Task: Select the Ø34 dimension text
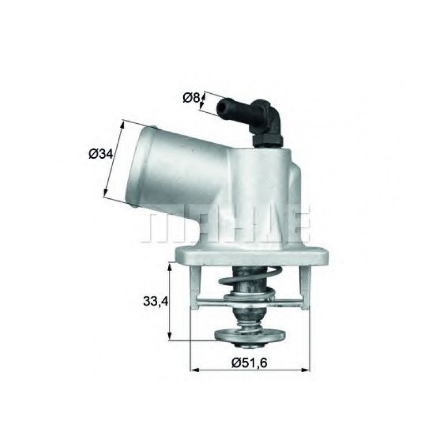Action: [101, 154]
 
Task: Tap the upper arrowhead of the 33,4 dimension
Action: [170, 266]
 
